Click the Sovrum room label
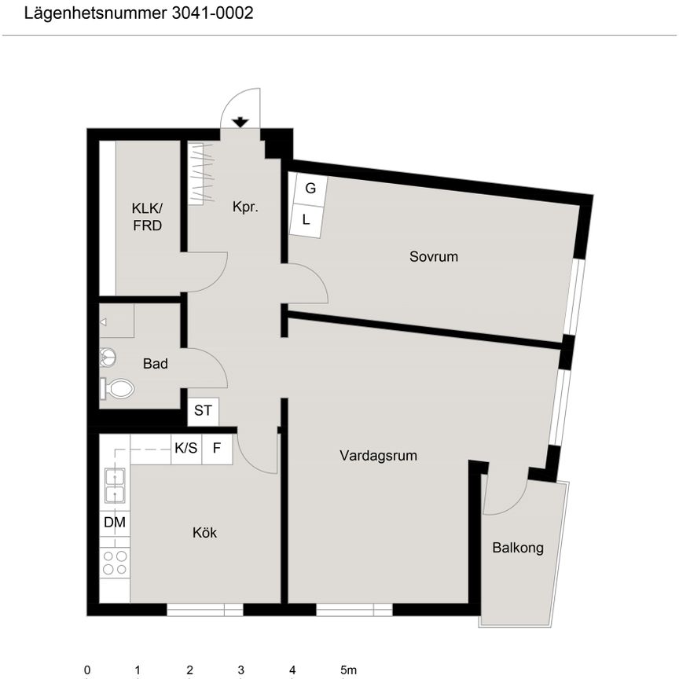point(434,256)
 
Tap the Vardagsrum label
point(378,456)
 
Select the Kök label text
point(204,532)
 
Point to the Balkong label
point(518,548)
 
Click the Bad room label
point(155,363)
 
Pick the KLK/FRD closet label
point(147,217)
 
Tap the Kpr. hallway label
point(245,207)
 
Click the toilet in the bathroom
point(117,388)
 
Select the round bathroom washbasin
point(108,358)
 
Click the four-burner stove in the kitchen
point(115,563)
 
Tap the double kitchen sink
point(116,486)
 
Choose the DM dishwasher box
point(115,523)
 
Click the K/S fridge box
point(186,449)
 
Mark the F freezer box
point(217,449)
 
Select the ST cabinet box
point(203,411)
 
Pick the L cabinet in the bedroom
point(306,221)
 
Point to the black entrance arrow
point(240,123)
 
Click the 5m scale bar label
point(348,670)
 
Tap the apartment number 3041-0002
point(213,13)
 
